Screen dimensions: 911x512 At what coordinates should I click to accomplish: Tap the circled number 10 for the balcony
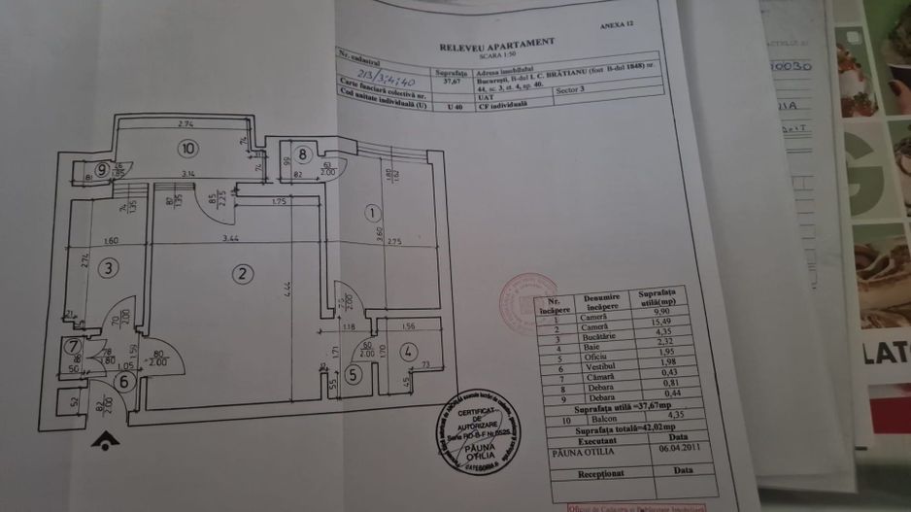tap(186, 149)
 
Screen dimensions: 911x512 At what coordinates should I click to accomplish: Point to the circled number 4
tap(408, 351)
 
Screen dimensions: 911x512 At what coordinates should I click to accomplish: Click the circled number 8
tap(303, 154)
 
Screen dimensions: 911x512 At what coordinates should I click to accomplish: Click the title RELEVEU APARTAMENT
tap(497, 43)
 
